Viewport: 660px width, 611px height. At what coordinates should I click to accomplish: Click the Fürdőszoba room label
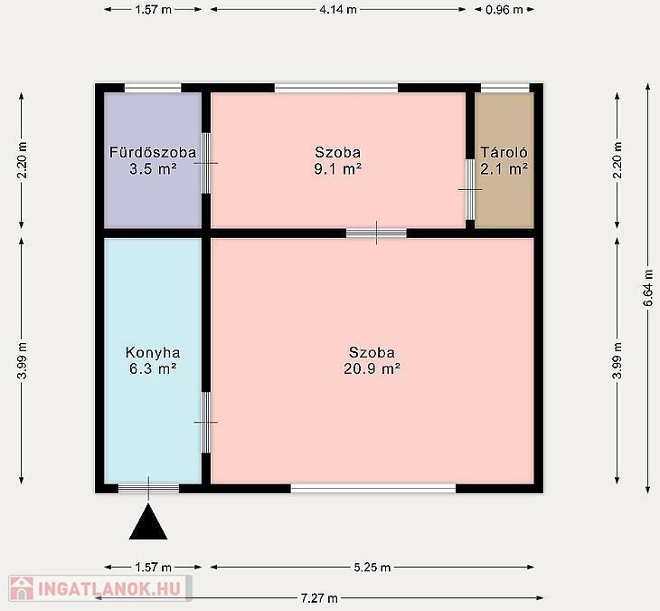pos(153,152)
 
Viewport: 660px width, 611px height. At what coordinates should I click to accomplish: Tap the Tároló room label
pos(504,152)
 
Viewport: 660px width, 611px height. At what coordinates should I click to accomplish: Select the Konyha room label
pos(153,353)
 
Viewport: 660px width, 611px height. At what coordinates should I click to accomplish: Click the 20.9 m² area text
pos(372,369)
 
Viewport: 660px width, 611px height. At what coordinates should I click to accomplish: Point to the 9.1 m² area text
pos(337,169)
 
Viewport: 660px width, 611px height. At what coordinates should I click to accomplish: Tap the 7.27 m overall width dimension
pos(319,597)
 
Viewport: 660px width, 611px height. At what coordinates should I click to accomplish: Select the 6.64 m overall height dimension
pos(648,288)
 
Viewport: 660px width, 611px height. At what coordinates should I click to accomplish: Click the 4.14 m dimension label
pos(338,9)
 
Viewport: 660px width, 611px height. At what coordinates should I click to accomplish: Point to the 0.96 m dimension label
pos(504,9)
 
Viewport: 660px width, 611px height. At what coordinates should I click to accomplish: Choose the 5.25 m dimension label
pos(372,568)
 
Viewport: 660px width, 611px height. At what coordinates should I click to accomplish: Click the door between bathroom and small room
pos(206,163)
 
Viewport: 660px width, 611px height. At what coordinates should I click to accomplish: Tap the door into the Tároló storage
pos(470,189)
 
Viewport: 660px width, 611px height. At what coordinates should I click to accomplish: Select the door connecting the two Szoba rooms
pos(376,233)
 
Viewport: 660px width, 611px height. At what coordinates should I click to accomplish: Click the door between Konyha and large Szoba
pos(206,422)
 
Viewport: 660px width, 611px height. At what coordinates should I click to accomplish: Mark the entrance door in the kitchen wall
pos(148,489)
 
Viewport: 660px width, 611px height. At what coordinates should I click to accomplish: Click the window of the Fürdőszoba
pos(153,88)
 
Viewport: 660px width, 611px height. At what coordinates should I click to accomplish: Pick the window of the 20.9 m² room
pos(373,489)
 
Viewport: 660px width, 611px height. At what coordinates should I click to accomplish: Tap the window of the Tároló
pos(504,88)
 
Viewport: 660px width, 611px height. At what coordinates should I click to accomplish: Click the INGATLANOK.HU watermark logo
pos(100,588)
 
